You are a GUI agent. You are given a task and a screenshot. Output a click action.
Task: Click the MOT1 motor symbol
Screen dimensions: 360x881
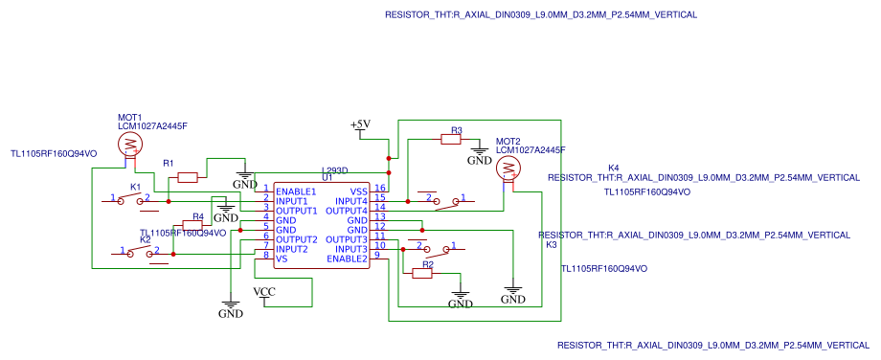130,145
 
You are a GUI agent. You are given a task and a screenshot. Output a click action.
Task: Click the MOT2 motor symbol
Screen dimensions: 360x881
508,169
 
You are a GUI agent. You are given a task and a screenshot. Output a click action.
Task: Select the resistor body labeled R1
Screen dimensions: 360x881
188,177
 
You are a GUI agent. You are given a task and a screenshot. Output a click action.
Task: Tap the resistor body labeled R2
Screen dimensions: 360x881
422,274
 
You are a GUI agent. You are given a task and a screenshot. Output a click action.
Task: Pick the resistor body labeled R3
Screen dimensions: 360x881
452,140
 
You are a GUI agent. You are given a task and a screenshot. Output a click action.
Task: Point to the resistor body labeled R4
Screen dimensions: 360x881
192,226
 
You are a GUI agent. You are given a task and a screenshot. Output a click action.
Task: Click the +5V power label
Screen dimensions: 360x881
360,125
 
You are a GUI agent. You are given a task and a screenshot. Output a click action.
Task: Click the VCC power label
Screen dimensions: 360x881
264,291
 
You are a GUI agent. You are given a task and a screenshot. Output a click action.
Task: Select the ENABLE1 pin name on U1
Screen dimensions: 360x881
296,191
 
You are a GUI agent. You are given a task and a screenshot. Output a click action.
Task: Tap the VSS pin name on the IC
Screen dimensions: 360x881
358,191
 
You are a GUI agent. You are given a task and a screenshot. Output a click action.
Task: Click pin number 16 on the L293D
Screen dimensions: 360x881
380,189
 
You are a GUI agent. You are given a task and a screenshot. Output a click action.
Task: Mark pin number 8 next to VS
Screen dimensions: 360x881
265,256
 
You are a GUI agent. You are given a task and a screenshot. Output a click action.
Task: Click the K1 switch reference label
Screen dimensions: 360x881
135,187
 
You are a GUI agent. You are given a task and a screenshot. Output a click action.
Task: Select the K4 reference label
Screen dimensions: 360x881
613,169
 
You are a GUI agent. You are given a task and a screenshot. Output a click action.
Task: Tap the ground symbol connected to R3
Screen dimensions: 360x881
480,155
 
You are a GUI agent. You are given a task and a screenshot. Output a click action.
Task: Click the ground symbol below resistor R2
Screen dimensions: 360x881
461,299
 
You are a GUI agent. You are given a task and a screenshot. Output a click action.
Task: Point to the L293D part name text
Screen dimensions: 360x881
334,169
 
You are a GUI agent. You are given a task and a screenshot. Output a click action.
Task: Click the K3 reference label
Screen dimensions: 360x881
551,245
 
